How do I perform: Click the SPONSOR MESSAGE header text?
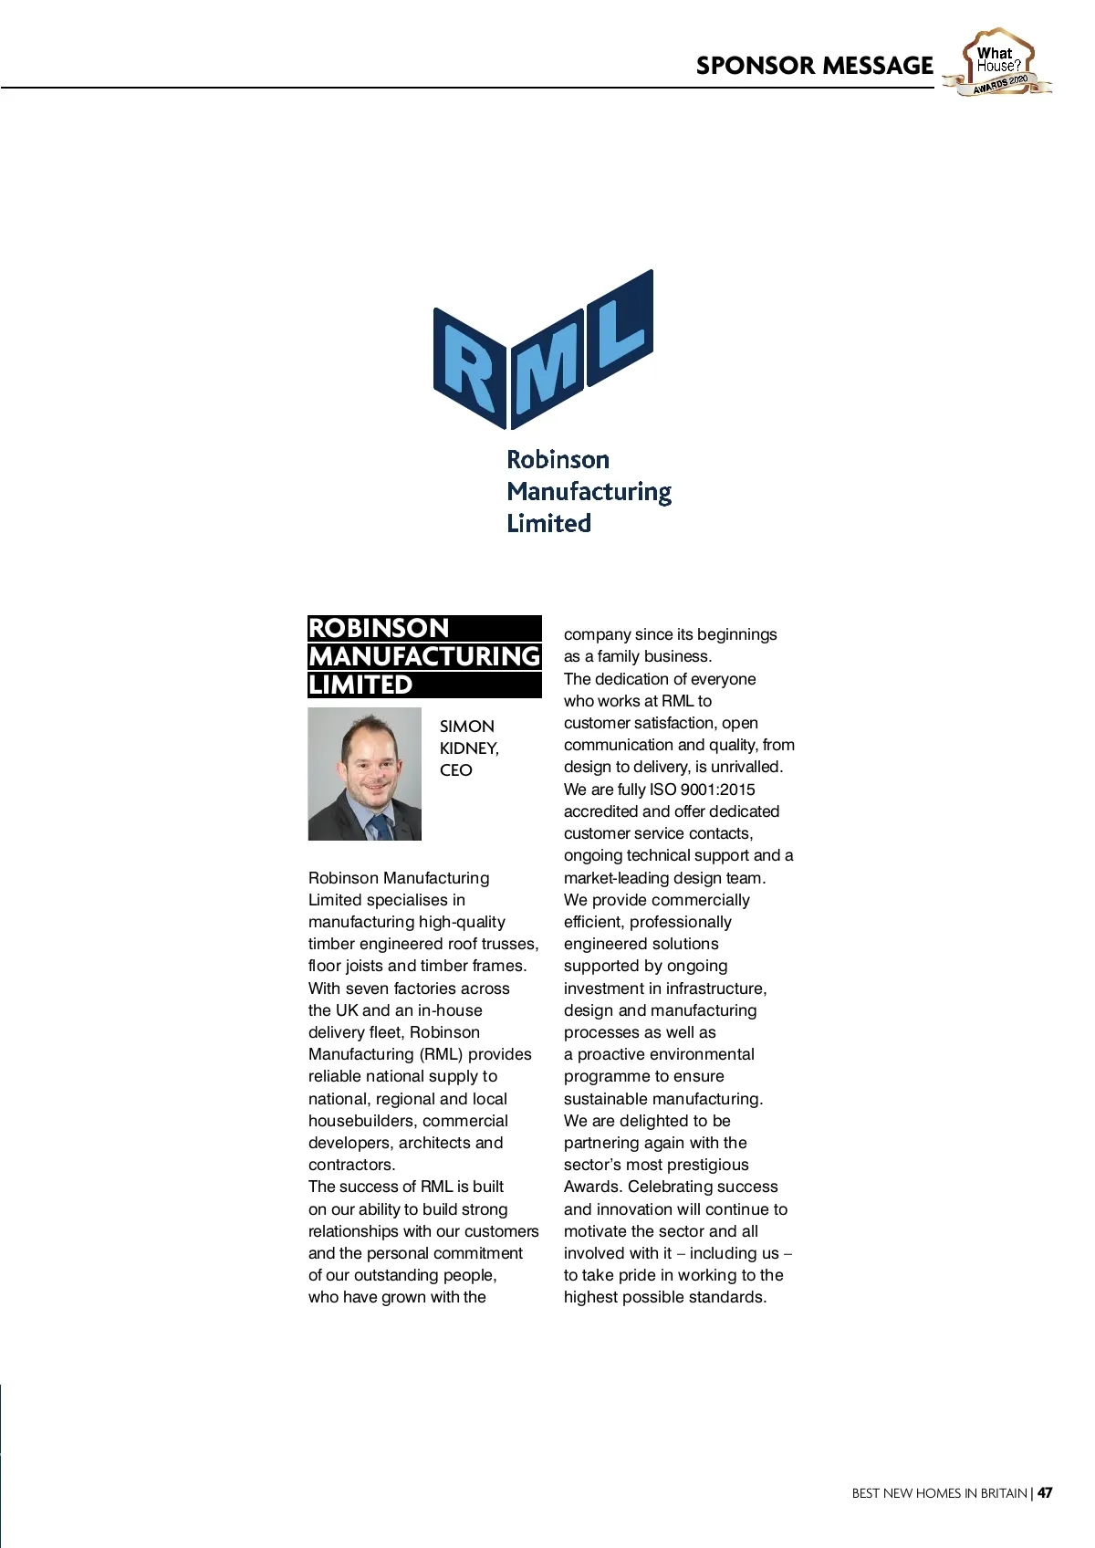[814, 66]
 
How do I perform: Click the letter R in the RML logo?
[471, 369]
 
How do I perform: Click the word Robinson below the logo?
[558, 459]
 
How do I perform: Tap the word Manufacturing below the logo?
[589, 492]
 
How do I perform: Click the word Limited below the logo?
[548, 524]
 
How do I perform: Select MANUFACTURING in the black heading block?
[424, 656]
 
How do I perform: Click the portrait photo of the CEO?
[365, 774]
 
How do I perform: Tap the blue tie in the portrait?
[377, 827]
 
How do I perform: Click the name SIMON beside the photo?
[466, 727]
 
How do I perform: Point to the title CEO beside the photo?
[455, 770]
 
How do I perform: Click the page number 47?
[1045, 1493]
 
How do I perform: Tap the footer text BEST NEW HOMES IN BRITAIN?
[939, 1493]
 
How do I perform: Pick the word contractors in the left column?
[350, 1165]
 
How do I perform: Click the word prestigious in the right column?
[707, 1165]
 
